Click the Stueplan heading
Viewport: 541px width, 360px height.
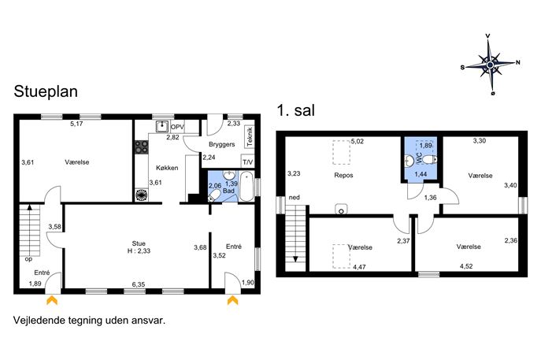tap(46, 92)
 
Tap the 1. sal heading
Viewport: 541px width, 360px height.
tap(296, 110)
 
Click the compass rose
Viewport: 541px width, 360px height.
tap(491, 65)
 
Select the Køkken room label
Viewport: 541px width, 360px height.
tap(167, 168)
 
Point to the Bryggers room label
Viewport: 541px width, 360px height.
tap(221, 144)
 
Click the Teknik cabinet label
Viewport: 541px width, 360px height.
tap(250, 137)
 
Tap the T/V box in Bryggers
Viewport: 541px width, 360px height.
tap(247, 161)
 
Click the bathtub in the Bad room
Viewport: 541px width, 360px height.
tap(246, 186)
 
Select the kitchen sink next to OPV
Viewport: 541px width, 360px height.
tap(161, 127)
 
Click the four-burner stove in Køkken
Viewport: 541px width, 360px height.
tap(142, 147)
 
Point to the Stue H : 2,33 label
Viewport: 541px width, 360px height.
tap(139, 247)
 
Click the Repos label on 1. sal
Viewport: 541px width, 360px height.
tap(343, 176)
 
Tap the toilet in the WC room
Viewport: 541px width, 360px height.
tap(429, 159)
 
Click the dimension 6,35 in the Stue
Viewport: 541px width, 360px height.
tap(139, 284)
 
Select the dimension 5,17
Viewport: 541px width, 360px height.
tap(76, 124)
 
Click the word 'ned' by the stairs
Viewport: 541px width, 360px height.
tap(294, 198)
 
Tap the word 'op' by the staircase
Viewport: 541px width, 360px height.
tap(28, 259)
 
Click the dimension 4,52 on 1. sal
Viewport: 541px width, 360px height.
tap(466, 266)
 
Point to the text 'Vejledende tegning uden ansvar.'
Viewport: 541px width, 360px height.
tap(89, 321)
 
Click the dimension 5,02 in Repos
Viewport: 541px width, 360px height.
tap(358, 141)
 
